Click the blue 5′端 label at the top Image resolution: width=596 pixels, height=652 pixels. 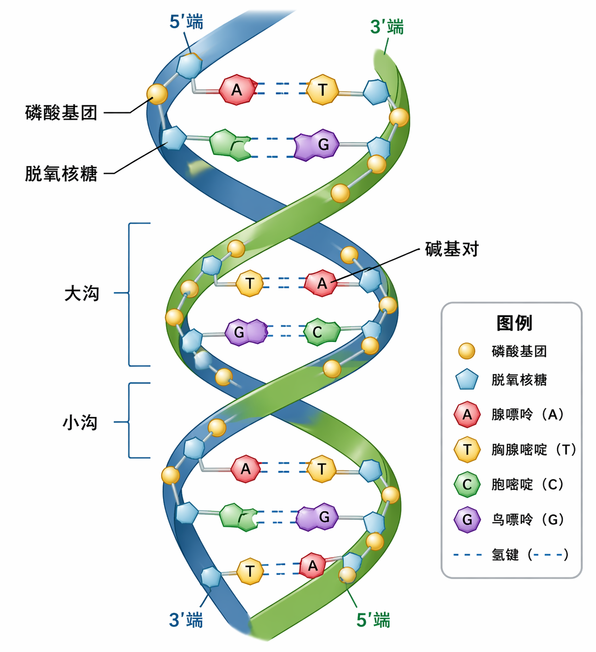tap(186, 22)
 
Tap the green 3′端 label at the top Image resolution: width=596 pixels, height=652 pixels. tap(387, 27)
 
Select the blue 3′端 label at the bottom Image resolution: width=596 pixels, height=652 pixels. tap(186, 620)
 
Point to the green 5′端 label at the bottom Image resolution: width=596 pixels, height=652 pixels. tap(373, 620)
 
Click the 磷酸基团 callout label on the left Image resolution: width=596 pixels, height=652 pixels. tap(61, 113)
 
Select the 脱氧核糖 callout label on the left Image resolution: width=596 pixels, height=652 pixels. tap(61, 173)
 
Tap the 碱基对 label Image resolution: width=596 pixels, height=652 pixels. tap(451, 249)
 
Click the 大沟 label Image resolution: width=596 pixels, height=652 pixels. tap(82, 293)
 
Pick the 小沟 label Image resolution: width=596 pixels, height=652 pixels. tap(80, 422)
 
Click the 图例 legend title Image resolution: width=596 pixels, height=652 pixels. tap(514, 323)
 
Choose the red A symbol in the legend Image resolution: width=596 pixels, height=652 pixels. tap(467, 414)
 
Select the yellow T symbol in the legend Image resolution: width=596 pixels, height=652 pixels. tap(467, 450)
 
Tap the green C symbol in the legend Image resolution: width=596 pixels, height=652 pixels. tap(467, 485)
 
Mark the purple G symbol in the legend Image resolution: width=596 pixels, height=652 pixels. tap(467, 520)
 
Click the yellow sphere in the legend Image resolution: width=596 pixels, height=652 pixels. tap(467, 351)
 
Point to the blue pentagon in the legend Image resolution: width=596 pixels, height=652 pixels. tap(467, 380)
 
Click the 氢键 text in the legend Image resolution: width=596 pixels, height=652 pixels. tap(505, 555)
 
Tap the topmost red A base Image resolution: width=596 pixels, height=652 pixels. tap(237, 90)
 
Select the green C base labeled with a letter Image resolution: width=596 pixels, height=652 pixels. tap(318, 331)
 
